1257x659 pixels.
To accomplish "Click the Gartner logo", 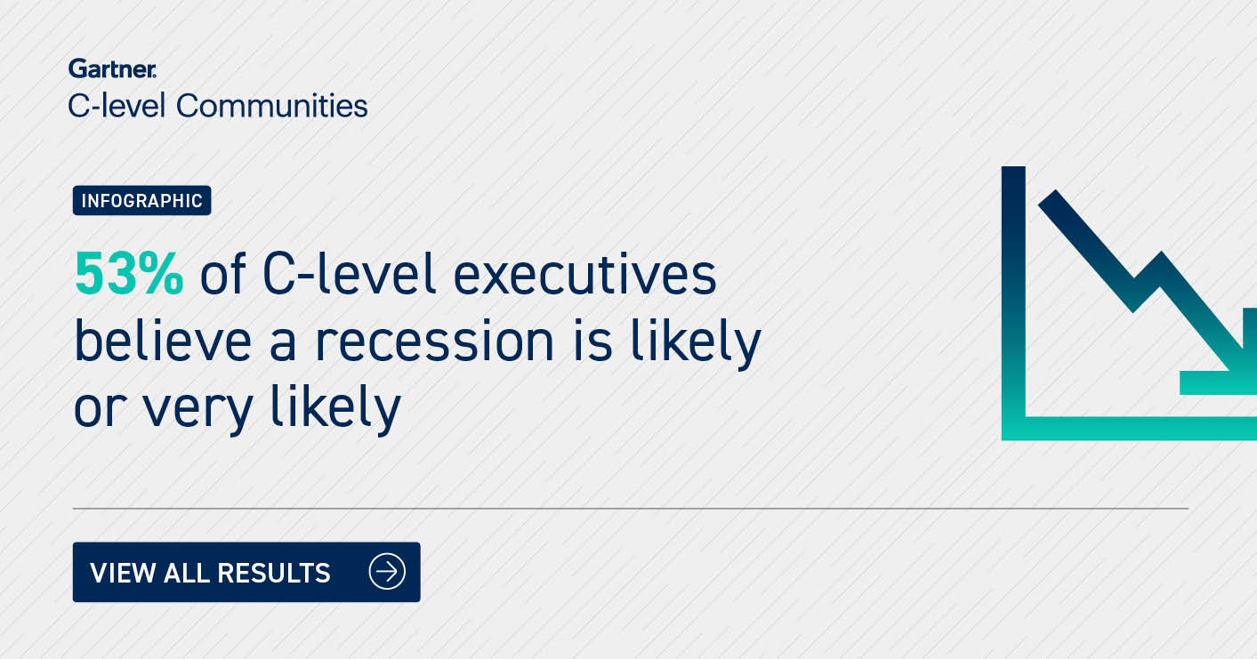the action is click(x=112, y=68).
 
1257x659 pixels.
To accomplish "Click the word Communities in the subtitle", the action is click(x=272, y=106).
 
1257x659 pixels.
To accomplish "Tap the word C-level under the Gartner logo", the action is click(x=117, y=106).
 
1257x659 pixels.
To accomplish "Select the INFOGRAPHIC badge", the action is click(x=142, y=200).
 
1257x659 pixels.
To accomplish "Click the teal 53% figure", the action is click(x=129, y=274).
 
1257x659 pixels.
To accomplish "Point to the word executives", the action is click(x=584, y=274).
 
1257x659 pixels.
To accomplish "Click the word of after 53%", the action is click(x=222, y=273).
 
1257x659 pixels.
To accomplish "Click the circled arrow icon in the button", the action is click(x=387, y=572).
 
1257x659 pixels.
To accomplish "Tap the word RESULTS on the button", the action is click(x=274, y=573).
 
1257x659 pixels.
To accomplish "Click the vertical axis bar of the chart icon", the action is click(x=1013, y=292).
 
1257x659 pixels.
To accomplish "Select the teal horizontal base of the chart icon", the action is click(x=1129, y=429).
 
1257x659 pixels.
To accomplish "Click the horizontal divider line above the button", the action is click(x=631, y=508).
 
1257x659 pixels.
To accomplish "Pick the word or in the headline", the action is click(x=100, y=408).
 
